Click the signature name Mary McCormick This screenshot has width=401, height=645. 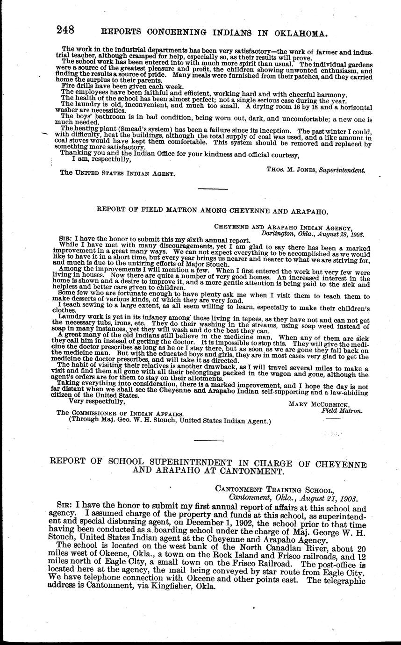tap(325, 403)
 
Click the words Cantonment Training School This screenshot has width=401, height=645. tap(274, 489)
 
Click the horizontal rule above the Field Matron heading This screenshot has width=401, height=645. tap(213, 189)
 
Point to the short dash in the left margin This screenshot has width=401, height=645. tap(45, 134)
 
